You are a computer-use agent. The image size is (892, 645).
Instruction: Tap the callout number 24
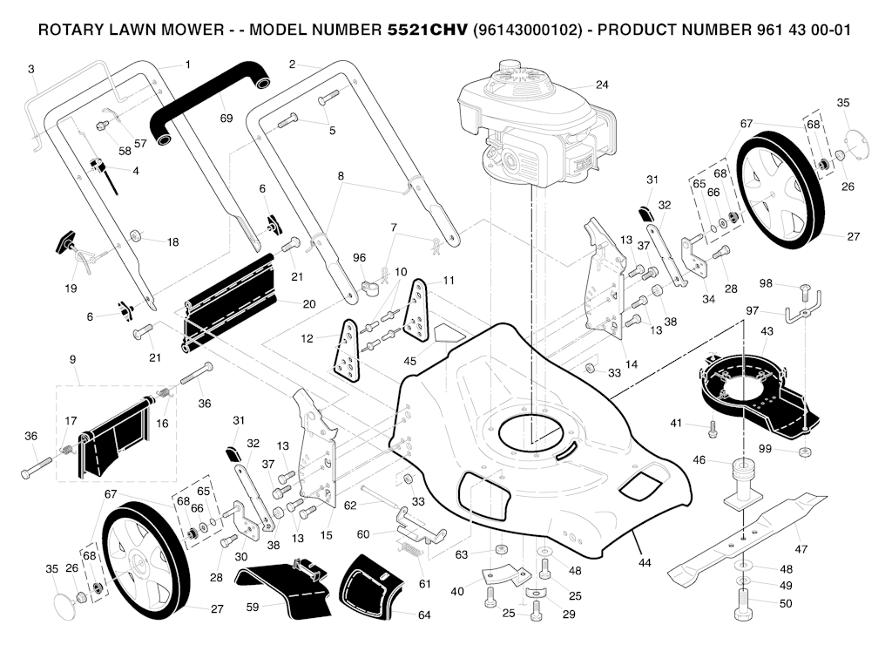pyautogui.click(x=602, y=85)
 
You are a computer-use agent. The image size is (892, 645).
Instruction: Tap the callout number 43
pyautogui.click(x=767, y=331)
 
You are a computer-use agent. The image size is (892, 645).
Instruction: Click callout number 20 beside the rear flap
pyautogui.click(x=308, y=304)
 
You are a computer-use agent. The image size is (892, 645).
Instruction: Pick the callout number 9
pyautogui.click(x=72, y=359)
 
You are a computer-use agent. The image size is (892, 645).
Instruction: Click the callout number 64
pyautogui.click(x=424, y=615)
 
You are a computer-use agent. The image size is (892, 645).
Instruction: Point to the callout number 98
pyautogui.click(x=766, y=283)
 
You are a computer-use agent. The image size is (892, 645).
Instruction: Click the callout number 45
pyautogui.click(x=409, y=361)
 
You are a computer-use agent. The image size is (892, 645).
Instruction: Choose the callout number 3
pyautogui.click(x=31, y=68)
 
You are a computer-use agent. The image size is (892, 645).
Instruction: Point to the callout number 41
pyautogui.click(x=675, y=423)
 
